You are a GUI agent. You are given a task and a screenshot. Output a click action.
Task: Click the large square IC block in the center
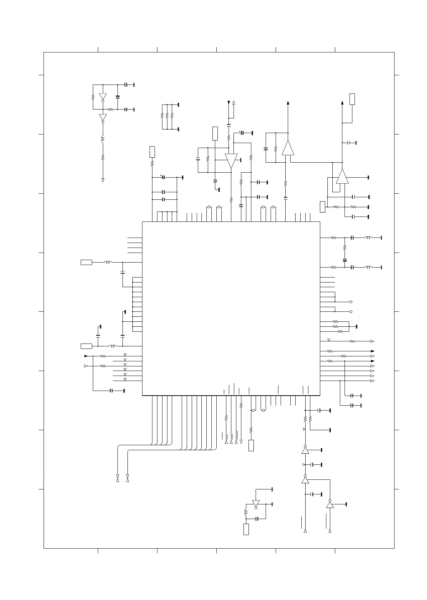(x=231, y=308)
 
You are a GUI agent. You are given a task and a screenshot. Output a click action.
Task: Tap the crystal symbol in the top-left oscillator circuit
(x=118, y=97)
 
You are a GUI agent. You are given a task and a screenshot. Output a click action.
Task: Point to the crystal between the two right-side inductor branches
(x=345, y=260)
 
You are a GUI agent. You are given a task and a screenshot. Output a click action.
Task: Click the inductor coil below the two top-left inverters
(x=103, y=139)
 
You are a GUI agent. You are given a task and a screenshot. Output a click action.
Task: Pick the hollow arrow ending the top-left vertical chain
(x=103, y=180)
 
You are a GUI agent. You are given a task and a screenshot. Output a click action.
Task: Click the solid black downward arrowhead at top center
(x=229, y=103)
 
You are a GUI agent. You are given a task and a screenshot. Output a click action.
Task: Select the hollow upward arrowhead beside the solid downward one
(x=234, y=103)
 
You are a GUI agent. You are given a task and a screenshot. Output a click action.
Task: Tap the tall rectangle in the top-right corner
(x=352, y=99)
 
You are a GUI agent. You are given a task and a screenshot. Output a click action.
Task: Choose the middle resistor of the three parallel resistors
(x=167, y=116)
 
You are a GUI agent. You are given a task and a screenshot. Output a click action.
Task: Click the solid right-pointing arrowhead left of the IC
(x=86, y=356)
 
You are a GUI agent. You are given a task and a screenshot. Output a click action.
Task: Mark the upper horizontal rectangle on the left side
(x=86, y=263)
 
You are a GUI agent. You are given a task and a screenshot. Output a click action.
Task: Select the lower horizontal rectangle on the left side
(x=86, y=346)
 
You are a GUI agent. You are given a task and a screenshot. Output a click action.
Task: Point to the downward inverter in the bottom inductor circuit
(x=256, y=503)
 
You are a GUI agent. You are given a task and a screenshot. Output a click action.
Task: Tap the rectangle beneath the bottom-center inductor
(x=246, y=529)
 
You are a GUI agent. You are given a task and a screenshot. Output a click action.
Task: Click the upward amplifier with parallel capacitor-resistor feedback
(x=288, y=148)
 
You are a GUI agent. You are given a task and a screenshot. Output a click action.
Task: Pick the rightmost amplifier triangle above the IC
(x=342, y=176)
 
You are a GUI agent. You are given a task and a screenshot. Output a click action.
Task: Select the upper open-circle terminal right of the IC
(x=351, y=302)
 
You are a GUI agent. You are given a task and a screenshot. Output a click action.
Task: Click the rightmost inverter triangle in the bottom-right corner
(x=330, y=505)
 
